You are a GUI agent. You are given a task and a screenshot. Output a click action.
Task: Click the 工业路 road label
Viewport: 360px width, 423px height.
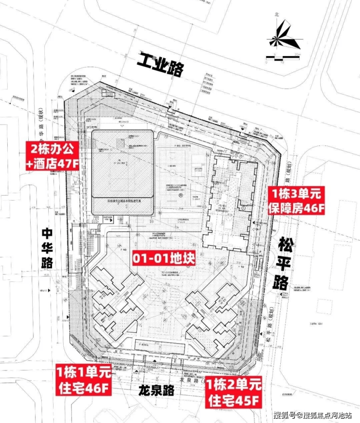(160, 67)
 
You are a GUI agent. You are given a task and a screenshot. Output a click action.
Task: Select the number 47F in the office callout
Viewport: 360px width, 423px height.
(67, 163)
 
